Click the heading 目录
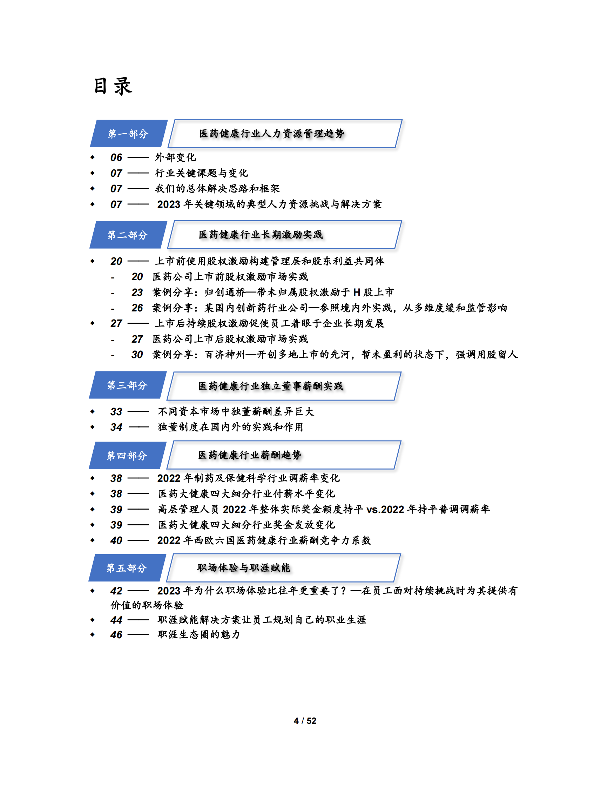(x=113, y=87)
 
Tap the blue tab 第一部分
(x=128, y=134)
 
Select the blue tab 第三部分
(x=127, y=385)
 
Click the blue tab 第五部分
(x=127, y=568)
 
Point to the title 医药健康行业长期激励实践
(x=261, y=235)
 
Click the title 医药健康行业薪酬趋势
(x=249, y=455)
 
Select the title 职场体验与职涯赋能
(x=243, y=568)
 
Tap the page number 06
(x=116, y=157)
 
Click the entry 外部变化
(x=175, y=157)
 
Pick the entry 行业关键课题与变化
(x=201, y=173)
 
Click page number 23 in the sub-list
(x=137, y=292)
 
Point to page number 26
(x=137, y=308)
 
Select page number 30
(x=137, y=355)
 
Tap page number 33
(x=116, y=411)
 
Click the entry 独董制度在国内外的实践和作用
(x=230, y=427)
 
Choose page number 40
(x=116, y=540)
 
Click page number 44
(x=116, y=620)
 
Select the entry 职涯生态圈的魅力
(x=198, y=634)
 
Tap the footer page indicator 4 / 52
(x=305, y=721)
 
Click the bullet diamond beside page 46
(x=93, y=634)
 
